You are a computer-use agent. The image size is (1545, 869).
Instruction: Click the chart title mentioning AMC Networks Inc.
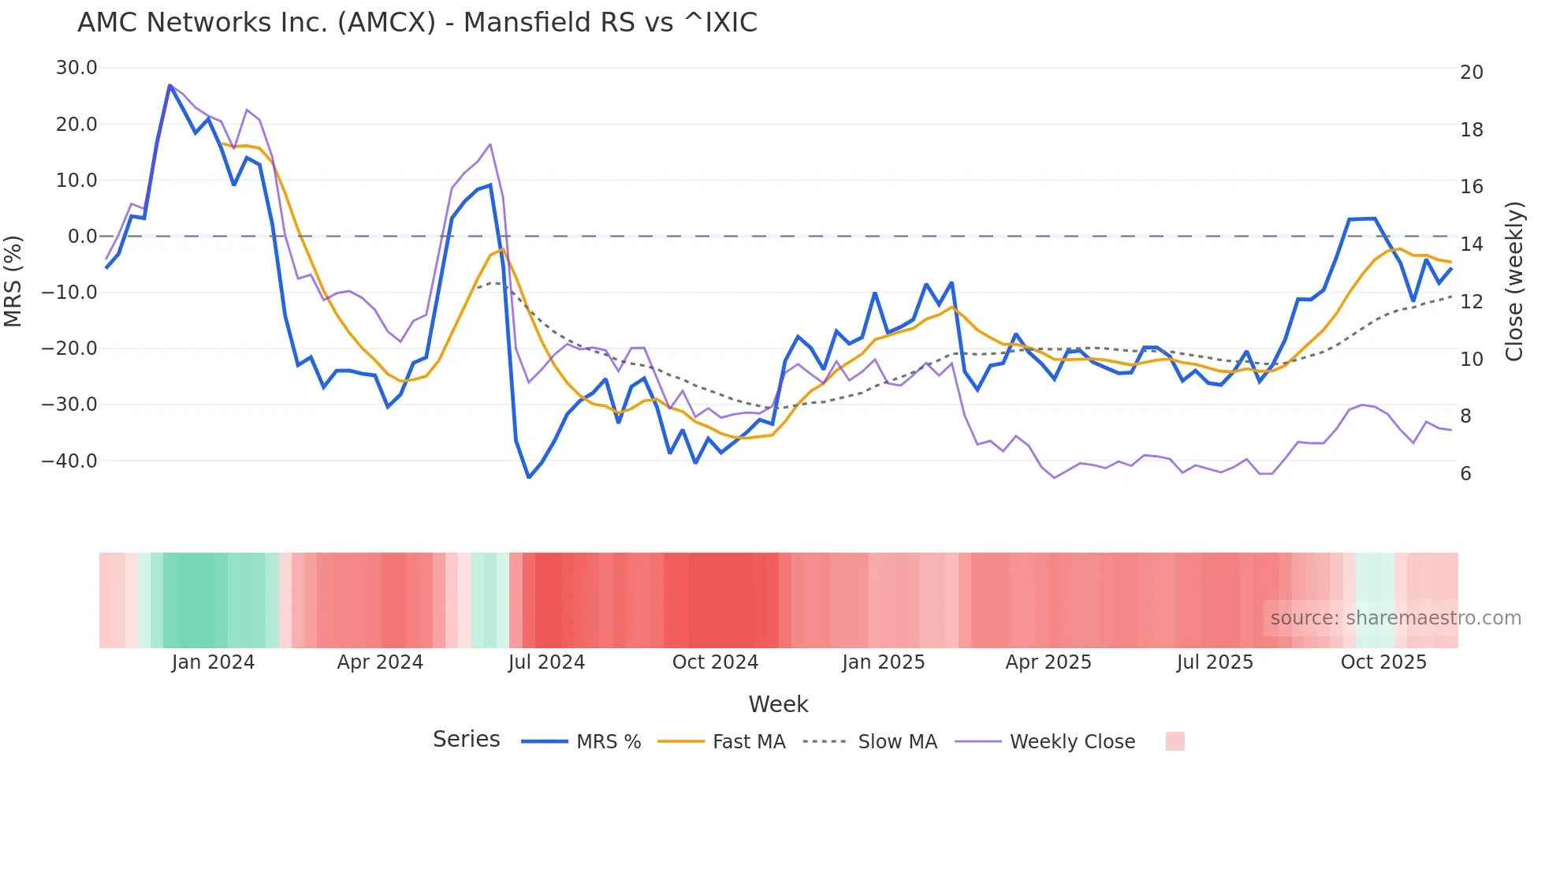click(417, 23)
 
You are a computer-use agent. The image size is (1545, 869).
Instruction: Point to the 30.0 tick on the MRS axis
click(76, 68)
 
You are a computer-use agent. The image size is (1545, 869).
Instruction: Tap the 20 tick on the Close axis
click(1471, 73)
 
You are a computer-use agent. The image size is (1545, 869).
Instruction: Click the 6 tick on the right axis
click(1465, 474)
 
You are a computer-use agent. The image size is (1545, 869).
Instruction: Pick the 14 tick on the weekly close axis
click(1471, 244)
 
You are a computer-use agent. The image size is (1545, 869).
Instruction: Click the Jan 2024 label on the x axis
click(213, 662)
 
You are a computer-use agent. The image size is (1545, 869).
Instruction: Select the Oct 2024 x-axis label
click(715, 662)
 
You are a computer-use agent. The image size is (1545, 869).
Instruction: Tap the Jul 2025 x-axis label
click(1215, 662)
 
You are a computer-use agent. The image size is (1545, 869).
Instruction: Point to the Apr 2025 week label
click(1048, 662)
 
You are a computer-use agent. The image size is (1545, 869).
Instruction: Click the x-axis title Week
click(778, 704)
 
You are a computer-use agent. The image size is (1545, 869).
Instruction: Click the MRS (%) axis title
click(13, 281)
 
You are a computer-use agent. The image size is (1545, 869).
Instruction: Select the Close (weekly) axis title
click(1514, 282)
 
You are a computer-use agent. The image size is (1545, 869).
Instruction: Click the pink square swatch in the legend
click(1175, 741)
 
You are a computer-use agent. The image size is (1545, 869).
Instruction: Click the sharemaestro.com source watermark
click(1395, 618)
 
